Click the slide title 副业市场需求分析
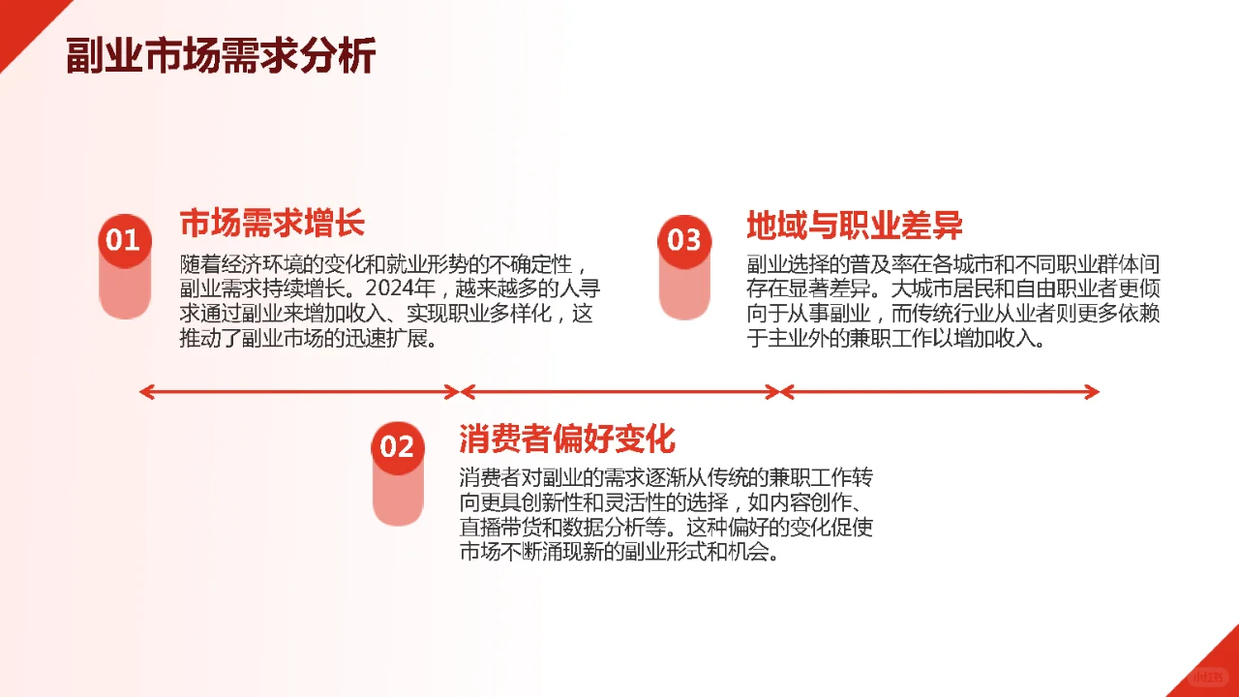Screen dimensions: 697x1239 pyautogui.click(x=221, y=55)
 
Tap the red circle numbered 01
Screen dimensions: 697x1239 pyautogui.click(x=124, y=239)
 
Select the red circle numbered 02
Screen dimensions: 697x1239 pyautogui.click(x=397, y=446)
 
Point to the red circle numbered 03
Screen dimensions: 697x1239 pyautogui.click(x=684, y=239)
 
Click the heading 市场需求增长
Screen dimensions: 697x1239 pyautogui.click(x=272, y=224)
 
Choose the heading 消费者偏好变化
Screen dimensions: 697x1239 pyautogui.click(x=566, y=439)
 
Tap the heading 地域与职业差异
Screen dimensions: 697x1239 pyautogui.click(x=854, y=226)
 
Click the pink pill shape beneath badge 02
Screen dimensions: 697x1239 pyautogui.click(x=397, y=498)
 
